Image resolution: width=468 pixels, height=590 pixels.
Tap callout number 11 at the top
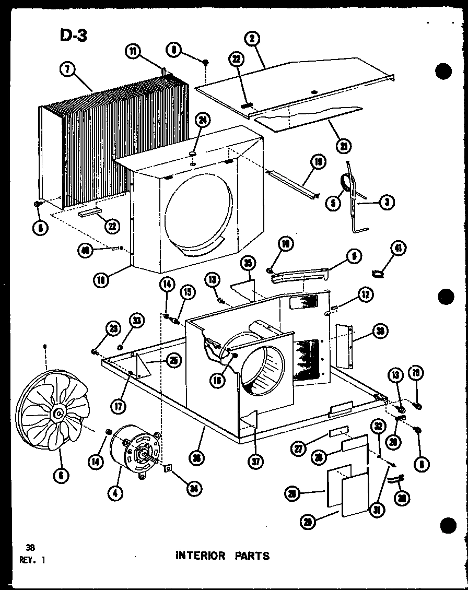[133, 51]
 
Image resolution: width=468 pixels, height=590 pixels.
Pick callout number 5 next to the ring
[333, 204]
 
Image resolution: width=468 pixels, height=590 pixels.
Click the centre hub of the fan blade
[57, 414]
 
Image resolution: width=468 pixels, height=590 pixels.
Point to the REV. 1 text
[32, 560]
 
